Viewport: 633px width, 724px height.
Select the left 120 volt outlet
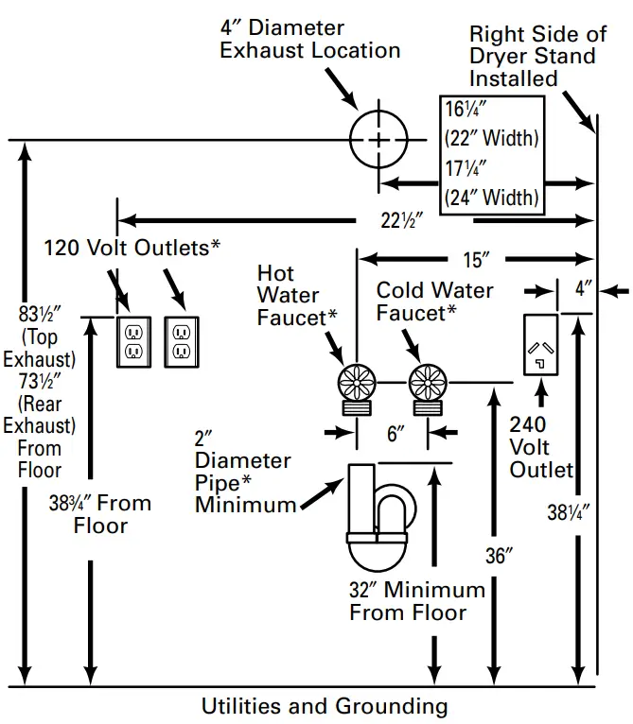(x=132, y=341)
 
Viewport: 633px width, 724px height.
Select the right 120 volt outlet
(x=182, y=341)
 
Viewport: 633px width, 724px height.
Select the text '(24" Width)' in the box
(x=491, y=198)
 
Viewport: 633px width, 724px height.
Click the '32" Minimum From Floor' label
(x=416, y=601)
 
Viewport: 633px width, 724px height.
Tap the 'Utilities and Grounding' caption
(x=325, y=706)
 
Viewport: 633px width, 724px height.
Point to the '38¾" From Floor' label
(x=99, y=513)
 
